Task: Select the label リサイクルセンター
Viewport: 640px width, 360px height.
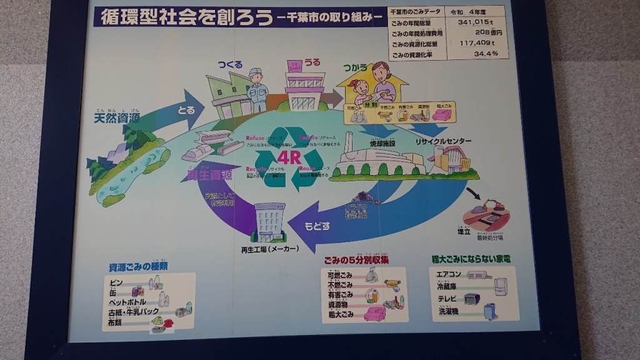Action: [x=443, y=142]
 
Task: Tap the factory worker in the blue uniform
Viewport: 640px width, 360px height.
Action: [x=256, y=89]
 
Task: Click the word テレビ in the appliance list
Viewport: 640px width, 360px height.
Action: [x=447, y=298]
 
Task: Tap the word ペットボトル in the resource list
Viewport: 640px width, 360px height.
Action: [x=132, y=302]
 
